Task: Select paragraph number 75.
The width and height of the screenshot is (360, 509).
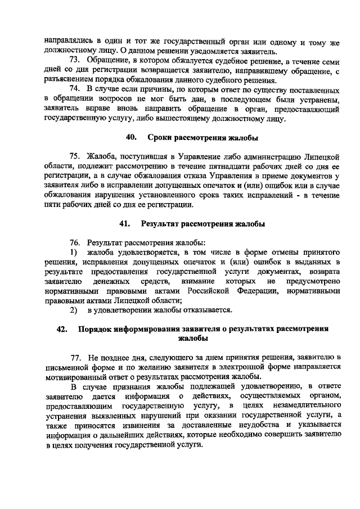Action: click(75, 156)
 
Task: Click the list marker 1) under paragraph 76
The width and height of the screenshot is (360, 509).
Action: click(73, 253)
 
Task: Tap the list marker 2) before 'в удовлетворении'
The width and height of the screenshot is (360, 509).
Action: click(73, 310)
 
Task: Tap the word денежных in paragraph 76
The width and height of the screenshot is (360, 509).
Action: click(114, 281)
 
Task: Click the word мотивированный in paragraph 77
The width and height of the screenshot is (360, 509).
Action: click(76, 376)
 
